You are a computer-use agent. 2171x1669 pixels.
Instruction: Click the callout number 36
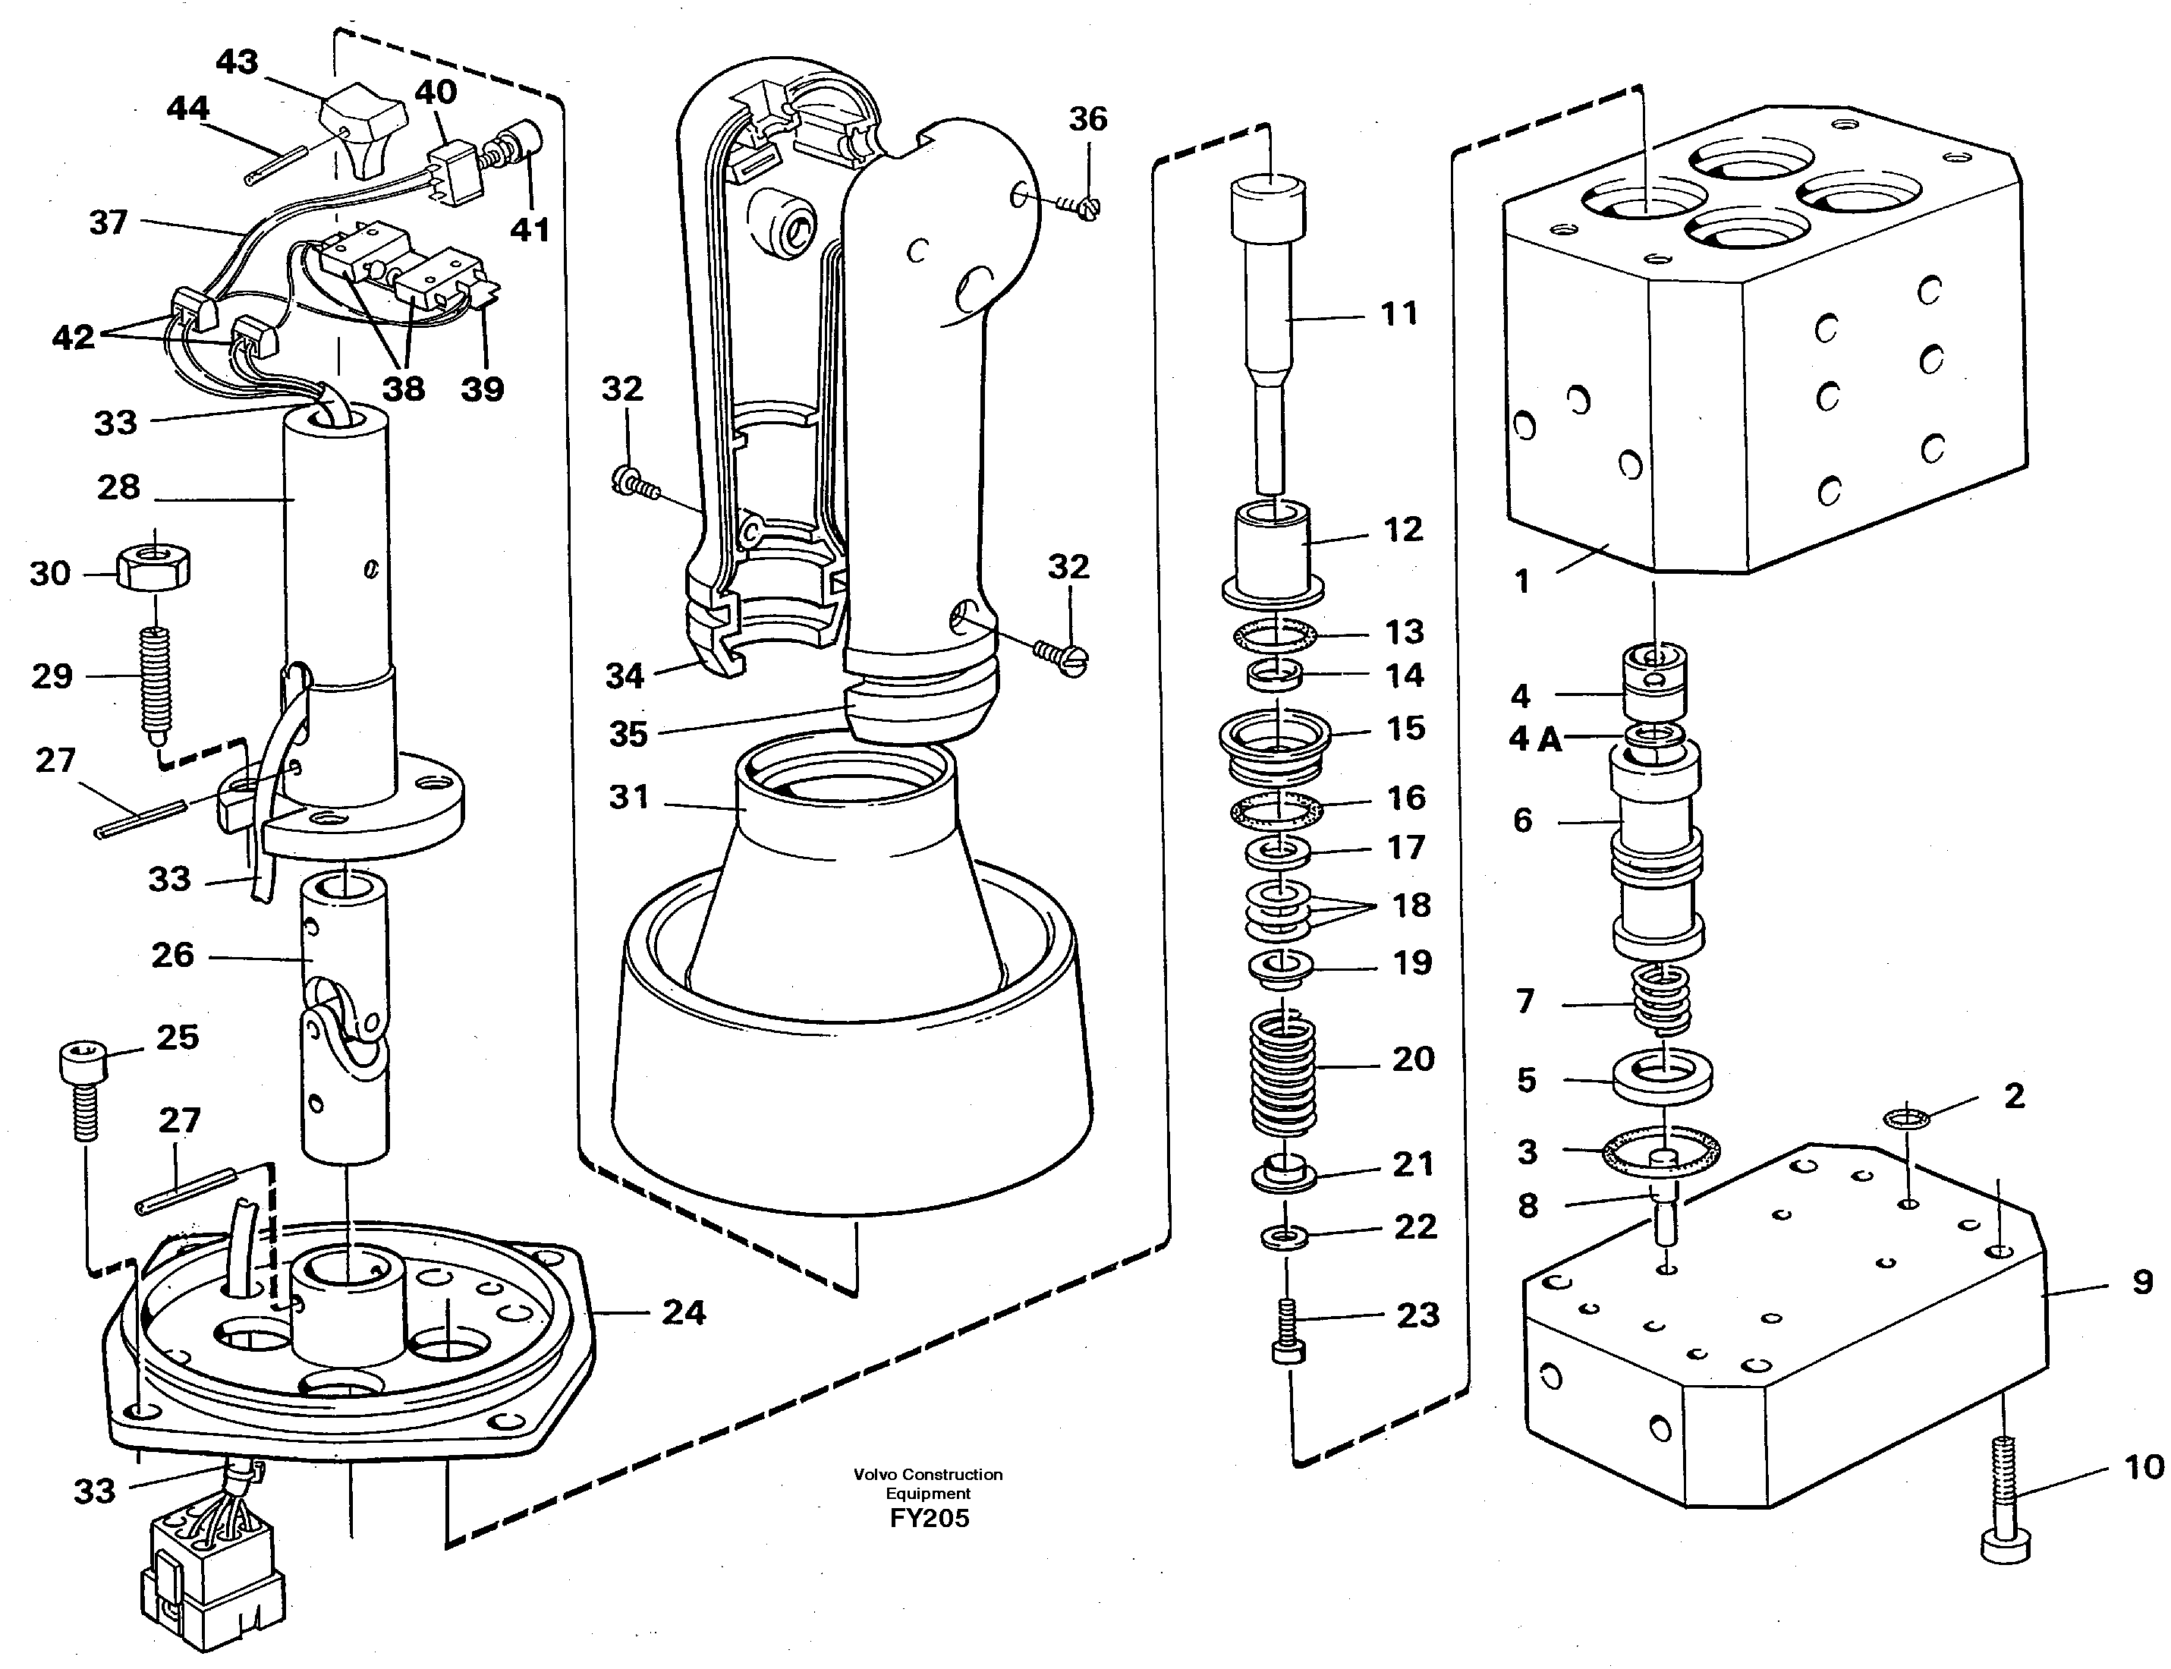pos(1087,119)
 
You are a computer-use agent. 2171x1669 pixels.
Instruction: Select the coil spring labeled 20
pos(1282,1074)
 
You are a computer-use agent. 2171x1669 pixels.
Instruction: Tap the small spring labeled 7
pos(1662,1000)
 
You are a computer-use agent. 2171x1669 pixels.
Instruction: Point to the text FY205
pos(929,1518)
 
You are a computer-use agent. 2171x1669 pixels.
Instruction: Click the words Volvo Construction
pos(927,1474)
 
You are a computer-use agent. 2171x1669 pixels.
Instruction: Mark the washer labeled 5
pos(1663,1075)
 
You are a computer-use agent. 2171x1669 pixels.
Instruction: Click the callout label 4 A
pos(1534,740)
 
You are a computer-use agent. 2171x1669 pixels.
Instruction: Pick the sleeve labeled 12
pos(1273,553)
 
